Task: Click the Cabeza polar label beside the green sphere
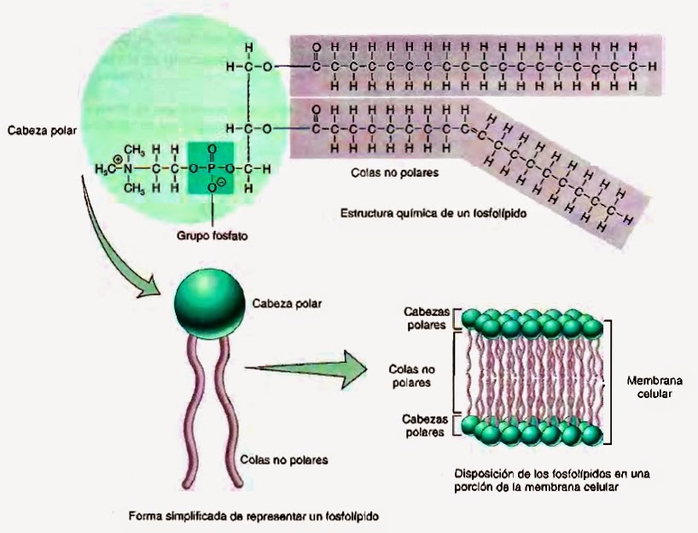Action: [x=286, y=302]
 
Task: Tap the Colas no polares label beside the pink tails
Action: [x=285, y=460]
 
